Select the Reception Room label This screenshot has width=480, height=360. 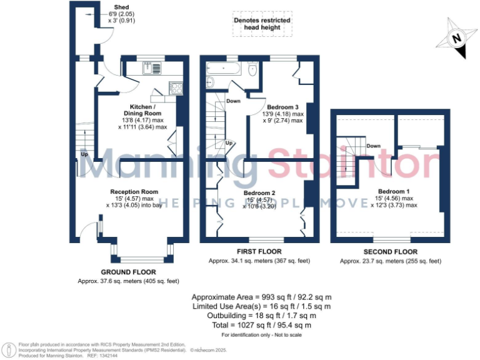(x=134, y=191)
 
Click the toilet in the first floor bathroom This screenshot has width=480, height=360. (x=252, y=72)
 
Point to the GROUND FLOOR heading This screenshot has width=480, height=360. (x=128, y=272)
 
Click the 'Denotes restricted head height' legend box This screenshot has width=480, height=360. (x=262, y=24)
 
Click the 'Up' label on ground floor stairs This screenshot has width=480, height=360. (x=83, y=154)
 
